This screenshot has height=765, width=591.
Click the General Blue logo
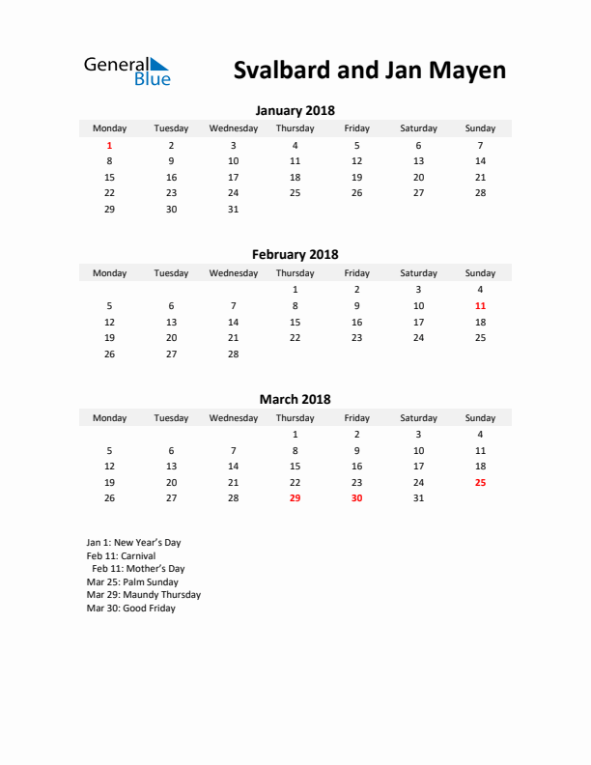pos(127,71)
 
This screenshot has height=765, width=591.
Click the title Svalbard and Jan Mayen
pos(369,71)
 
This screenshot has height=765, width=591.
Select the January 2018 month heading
pos(295,110)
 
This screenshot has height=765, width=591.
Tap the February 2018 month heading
pos(295,255)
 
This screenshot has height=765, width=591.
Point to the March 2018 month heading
pos(295,399)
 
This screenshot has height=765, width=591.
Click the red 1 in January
pos(109,145)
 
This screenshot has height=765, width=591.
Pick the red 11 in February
pos(480,305)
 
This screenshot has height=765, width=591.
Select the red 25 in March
pos(480,482)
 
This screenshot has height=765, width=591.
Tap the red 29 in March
pos(295,498)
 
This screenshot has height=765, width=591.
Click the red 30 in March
pos(356,498)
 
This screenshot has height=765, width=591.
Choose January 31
pos(233,210)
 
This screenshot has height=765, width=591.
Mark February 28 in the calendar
pos(233,354)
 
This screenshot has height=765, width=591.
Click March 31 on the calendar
pos(418,498)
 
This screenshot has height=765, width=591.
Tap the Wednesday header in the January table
pos(233,128)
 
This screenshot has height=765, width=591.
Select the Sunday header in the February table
pos(480,273)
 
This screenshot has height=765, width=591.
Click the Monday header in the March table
pos(109,418)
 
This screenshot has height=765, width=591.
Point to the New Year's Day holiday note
pos(133,543)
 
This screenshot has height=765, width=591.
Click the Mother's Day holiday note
pos(138,569)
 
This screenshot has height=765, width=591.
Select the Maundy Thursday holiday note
pos(143,595)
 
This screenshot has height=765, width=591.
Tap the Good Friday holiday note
pos(130,609)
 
